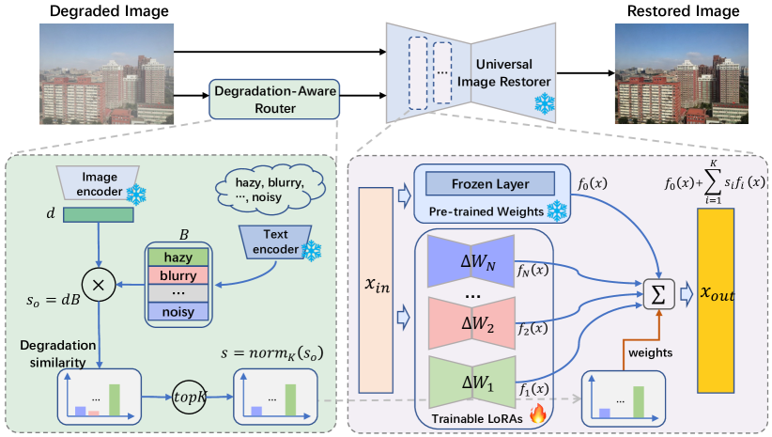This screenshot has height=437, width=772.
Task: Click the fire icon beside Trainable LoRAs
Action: tap(537, 413)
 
